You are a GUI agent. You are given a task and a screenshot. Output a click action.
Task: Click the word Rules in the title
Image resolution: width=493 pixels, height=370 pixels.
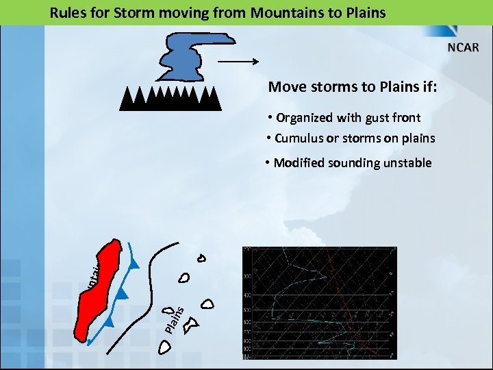[66, 12]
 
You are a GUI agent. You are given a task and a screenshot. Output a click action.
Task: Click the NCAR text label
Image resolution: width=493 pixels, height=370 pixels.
[464, 47]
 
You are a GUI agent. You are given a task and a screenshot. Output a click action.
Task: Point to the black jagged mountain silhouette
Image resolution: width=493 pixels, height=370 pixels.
[170, 99]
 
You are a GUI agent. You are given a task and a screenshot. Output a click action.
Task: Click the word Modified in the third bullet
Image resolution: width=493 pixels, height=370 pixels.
[299, 163]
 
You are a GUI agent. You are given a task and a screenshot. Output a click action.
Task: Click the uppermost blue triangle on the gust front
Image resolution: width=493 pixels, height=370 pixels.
[134, 264]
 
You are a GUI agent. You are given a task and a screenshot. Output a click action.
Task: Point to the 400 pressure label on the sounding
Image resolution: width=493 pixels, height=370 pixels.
[246, 295]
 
